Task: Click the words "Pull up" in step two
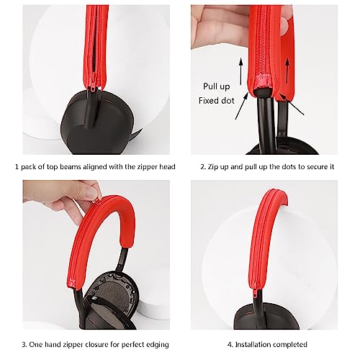coord(217,86)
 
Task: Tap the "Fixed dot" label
coord(217,101)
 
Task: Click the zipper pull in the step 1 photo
coord(92,85)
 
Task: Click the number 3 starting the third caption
coord(24,345)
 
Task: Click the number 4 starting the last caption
coord(230,345)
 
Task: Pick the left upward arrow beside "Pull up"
coord(240,71)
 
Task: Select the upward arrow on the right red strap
coord(287,71)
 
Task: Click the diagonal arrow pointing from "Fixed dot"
coord(242,106)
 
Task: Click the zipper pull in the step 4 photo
coord(254,292)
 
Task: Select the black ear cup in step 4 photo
coord(266,315)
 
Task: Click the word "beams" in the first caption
coord(71,166)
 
